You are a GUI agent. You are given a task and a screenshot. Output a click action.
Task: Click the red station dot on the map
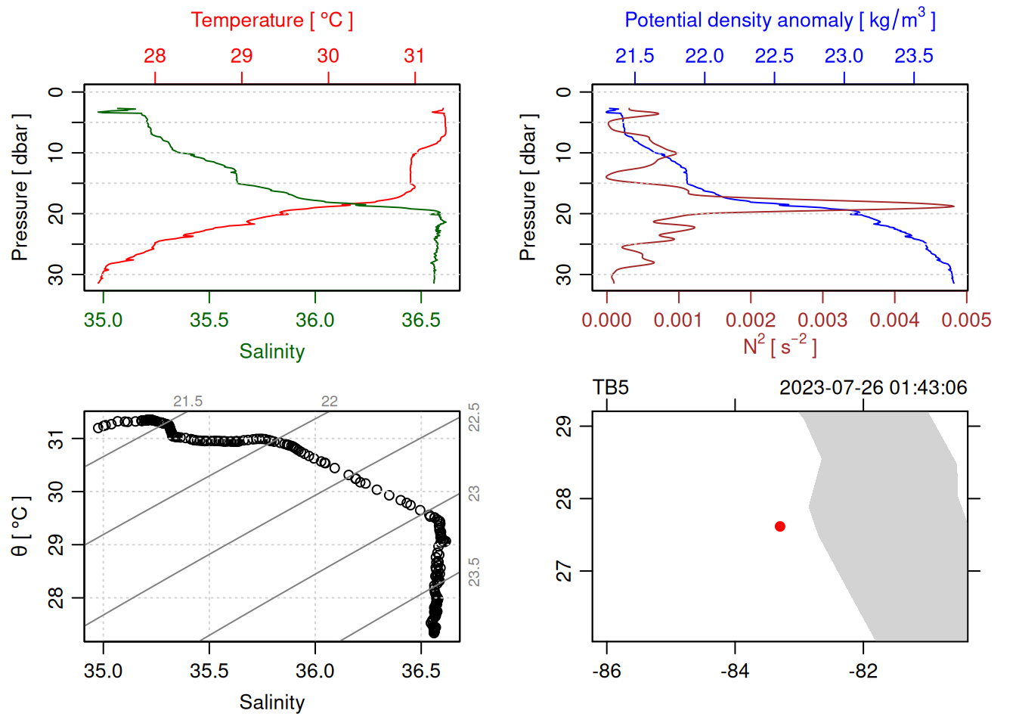[780, 526]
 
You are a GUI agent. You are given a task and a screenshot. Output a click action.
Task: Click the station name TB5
[611, 388]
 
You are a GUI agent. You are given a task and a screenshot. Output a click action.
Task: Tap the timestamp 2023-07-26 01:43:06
[873, 388]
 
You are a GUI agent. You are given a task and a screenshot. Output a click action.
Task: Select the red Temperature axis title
[272, 20]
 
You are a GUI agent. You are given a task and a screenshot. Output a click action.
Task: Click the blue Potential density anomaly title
[779, 20]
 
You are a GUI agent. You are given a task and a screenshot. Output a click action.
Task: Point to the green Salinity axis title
[272, 352]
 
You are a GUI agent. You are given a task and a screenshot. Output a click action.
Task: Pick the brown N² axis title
[779, 346]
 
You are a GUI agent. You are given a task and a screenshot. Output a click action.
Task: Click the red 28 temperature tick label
[155, 56]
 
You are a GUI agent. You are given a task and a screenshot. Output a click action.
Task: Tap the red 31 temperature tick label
[414, 56]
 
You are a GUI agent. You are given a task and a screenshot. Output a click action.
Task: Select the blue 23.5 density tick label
[914, 56]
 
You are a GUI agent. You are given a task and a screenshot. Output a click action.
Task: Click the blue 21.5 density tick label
[635, 56]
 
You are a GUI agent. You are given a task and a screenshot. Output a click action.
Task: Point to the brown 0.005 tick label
[966, 321]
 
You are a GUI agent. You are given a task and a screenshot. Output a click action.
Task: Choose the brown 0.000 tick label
[606, 321]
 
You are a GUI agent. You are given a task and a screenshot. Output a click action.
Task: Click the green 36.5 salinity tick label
[421, 321]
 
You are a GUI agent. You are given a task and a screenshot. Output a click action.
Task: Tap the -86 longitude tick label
[607, 672]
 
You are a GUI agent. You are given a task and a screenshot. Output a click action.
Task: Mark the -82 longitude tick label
[863, 672]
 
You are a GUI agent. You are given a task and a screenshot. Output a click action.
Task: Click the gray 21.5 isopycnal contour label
[187, 402]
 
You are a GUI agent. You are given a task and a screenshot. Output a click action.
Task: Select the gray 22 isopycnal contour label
[330, 402]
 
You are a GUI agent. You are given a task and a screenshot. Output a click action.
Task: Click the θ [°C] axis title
[20, 526]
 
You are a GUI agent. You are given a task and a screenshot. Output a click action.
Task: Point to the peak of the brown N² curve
[953, 206]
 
